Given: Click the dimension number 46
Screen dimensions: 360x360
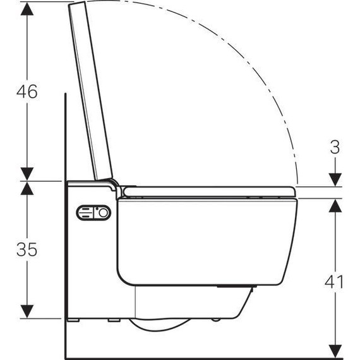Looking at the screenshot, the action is [27, 92].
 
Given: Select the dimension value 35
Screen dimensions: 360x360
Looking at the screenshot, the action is [27, 249].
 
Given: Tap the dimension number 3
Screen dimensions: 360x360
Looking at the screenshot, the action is [335, 147].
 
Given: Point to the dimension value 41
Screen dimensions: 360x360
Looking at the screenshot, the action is [334, 282].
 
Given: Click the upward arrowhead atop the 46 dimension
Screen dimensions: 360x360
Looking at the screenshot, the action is [27, 9].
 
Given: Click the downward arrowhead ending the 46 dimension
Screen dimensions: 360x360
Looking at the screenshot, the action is [27, 174].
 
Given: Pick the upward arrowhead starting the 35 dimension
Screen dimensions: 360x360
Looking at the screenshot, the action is [27, 189].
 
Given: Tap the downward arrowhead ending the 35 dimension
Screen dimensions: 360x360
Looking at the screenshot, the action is [27, 311].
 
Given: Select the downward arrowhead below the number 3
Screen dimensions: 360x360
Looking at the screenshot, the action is [335, 180].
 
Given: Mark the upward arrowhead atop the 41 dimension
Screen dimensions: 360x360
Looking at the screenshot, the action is [335, 206].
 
